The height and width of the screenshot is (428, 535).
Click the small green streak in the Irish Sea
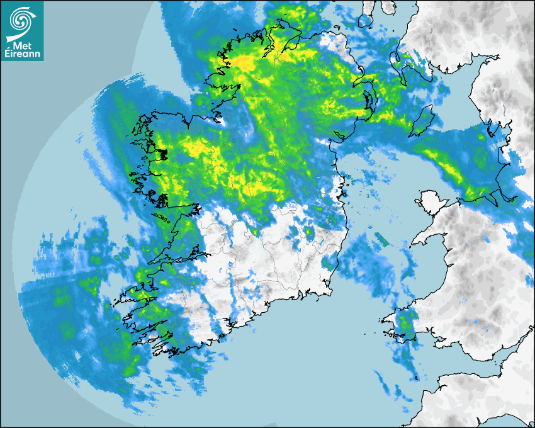[x=382, y=240]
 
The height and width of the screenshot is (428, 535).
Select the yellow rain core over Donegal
[x=245, y=63]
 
